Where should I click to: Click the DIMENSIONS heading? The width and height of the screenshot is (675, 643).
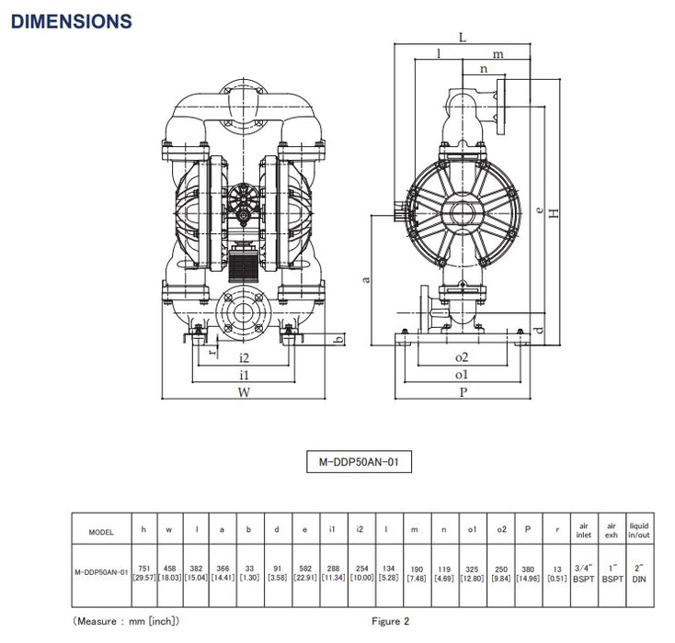pos(71,20)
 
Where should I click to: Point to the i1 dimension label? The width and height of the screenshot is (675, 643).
pos(244,375)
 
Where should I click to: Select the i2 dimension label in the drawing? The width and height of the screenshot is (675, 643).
pos(244,356)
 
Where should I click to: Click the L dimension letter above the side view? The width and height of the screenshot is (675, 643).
pos(462,38)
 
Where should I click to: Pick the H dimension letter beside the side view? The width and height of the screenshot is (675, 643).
pos(553,213)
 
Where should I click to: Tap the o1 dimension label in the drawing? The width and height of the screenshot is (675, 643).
pos(461,375)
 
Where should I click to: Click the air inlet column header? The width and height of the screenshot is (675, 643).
pos(583,531)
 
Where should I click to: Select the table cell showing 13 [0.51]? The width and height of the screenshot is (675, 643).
pos(556,571)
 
